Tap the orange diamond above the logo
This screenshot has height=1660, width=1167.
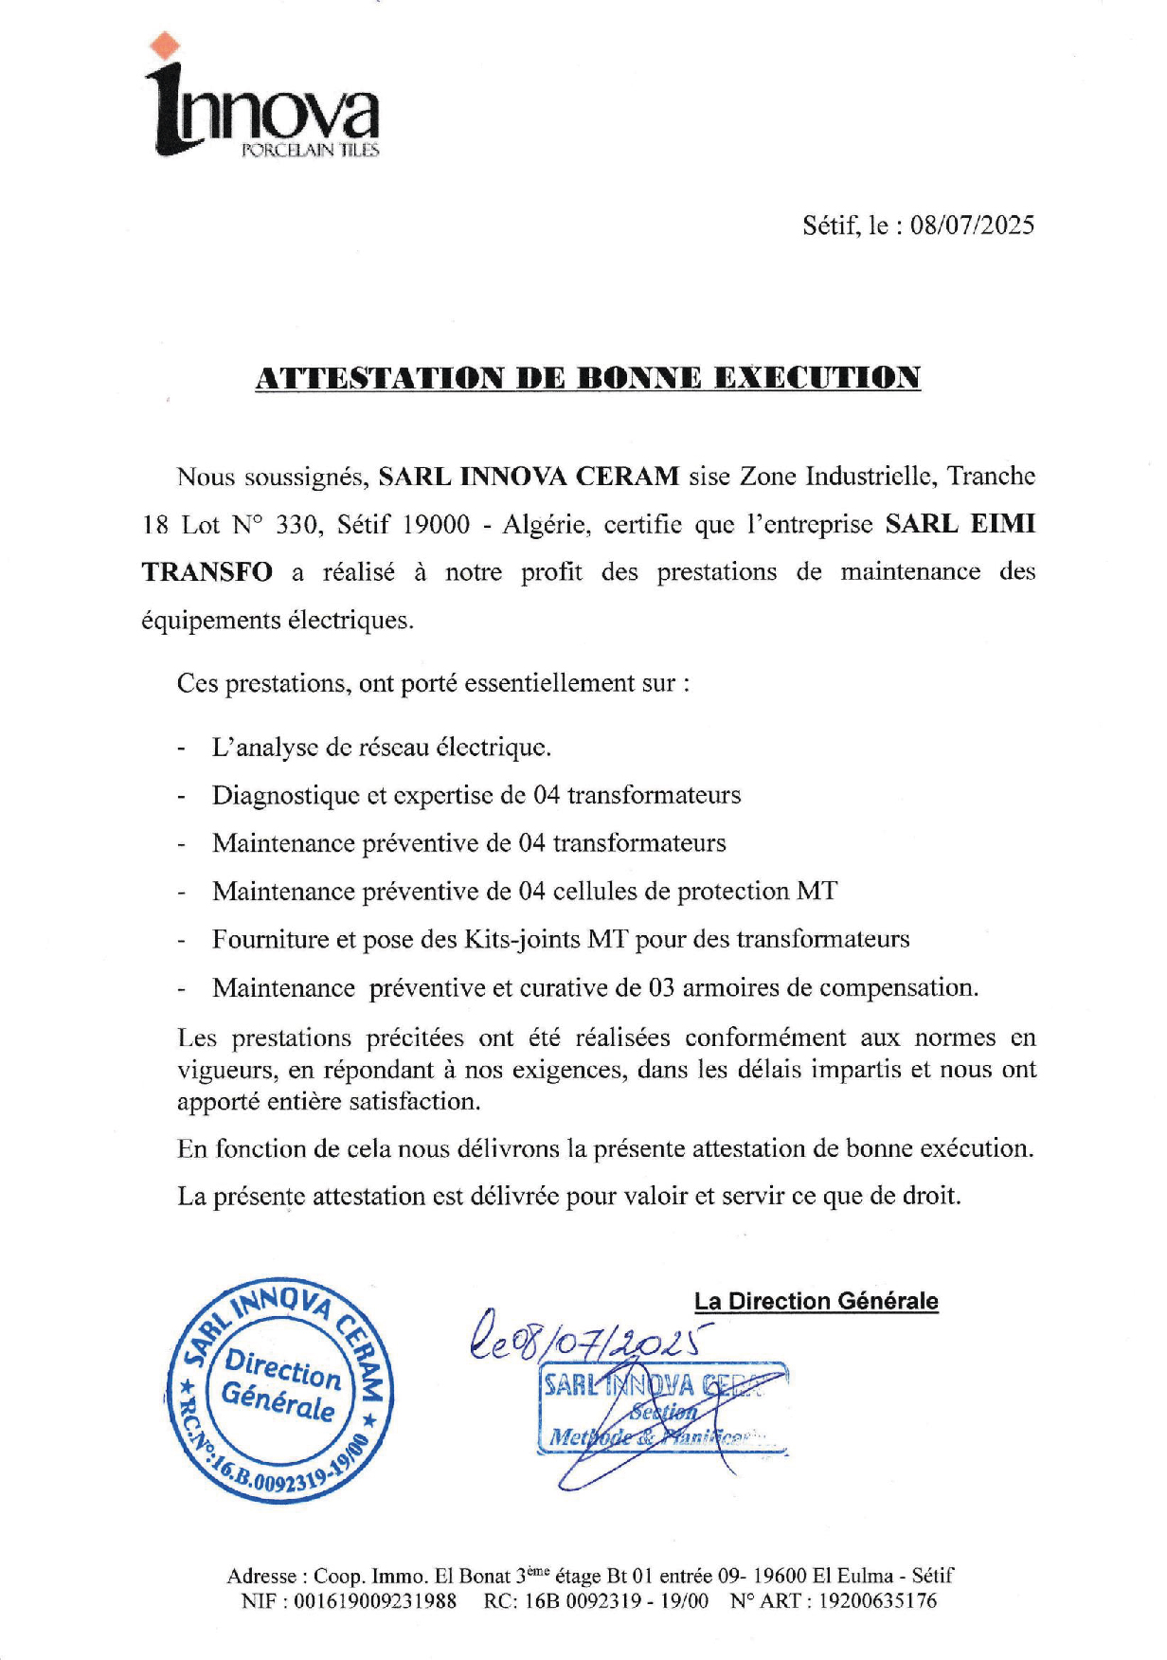tap(167, 44)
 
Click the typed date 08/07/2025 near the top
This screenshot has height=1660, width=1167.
tap(972, 226)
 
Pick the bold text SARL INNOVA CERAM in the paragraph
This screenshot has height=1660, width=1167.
tap(529, 476)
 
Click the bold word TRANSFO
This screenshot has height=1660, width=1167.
tap(206, 572)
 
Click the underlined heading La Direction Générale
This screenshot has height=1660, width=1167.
tap(816, 1301)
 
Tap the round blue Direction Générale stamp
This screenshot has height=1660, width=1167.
tap(279, 1392)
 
